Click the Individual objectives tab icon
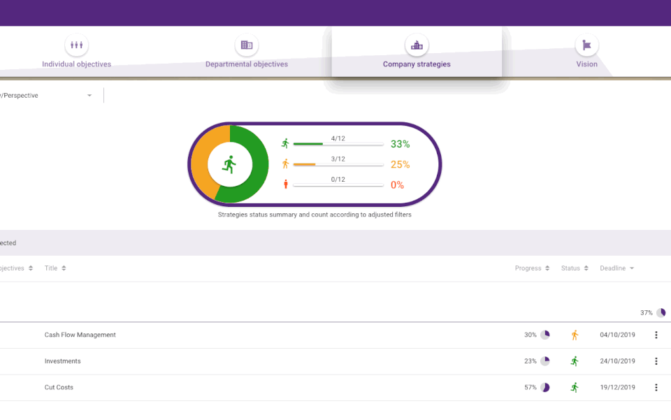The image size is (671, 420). click(x=76, y=45)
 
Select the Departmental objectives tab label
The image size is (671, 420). click(x=246, y=64)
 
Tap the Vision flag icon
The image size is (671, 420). click(x=586, y=45)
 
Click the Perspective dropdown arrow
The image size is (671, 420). click(x=89, y=96)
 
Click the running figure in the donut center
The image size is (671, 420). click(x=229, y=165)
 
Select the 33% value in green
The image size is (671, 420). click(x=400, y=144)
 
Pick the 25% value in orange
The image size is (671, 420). click(x=400, y=164)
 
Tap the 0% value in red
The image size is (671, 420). click(x=397, y=184)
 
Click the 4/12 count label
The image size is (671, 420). click(x=338, y=138)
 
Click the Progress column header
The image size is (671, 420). click(x=528, y=268)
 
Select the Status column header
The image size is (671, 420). click(x=570, y=268)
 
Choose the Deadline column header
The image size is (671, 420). click(x=613, y=268)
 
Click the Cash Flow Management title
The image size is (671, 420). click(x=80, y=335)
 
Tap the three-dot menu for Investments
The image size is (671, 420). click(x=656, y=361)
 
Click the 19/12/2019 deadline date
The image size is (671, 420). click(x=617, y=387)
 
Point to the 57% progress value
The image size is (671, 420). click(x=531, y=387)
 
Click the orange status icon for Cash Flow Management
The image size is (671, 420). click(x=575, y=335)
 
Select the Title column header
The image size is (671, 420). click(x=51, y=268)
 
